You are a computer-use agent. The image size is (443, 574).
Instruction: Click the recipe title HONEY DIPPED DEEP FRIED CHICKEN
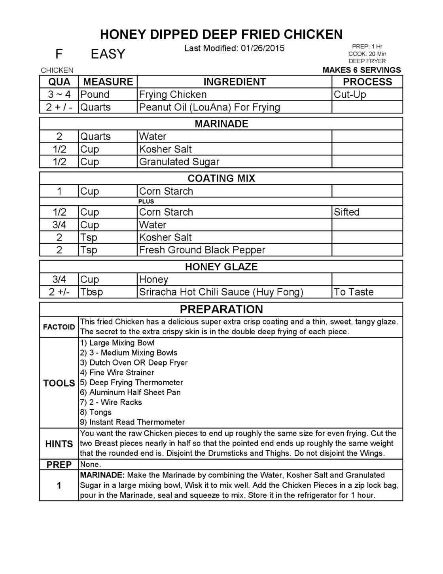click(221, 34)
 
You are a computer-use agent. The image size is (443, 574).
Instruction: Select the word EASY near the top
click(108, 54)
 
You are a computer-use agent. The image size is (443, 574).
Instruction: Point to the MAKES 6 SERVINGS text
click(362, 70)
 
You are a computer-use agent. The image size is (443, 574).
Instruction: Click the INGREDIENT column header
click(234, 82)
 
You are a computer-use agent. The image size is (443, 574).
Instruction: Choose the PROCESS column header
click(367, 82)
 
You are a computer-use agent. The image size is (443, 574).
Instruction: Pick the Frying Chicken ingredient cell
click(173, 95)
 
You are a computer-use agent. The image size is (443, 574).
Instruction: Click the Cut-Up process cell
click(350, 95)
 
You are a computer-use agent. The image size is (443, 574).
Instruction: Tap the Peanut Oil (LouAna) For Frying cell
click(210, 107)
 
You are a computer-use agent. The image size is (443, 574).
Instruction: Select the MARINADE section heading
click(221, 124)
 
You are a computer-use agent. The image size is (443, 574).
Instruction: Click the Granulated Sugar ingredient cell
click(179, 162)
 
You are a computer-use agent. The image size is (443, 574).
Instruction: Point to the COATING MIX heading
click(221, 178)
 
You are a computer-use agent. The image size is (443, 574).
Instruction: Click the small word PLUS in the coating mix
click(146, 201)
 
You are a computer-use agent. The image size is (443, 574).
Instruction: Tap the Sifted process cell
click(346, 212)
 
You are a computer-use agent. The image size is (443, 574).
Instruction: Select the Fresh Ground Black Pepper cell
click(202, 250)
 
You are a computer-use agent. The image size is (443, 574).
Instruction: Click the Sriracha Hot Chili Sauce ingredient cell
click(221, 292)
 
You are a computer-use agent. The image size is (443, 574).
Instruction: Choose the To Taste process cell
click(354, 292)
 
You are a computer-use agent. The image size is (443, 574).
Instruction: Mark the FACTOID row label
click(59, 327)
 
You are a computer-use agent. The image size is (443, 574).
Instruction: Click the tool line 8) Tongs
click(96, 412)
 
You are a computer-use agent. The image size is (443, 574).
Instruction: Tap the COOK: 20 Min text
click(367, 54)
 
